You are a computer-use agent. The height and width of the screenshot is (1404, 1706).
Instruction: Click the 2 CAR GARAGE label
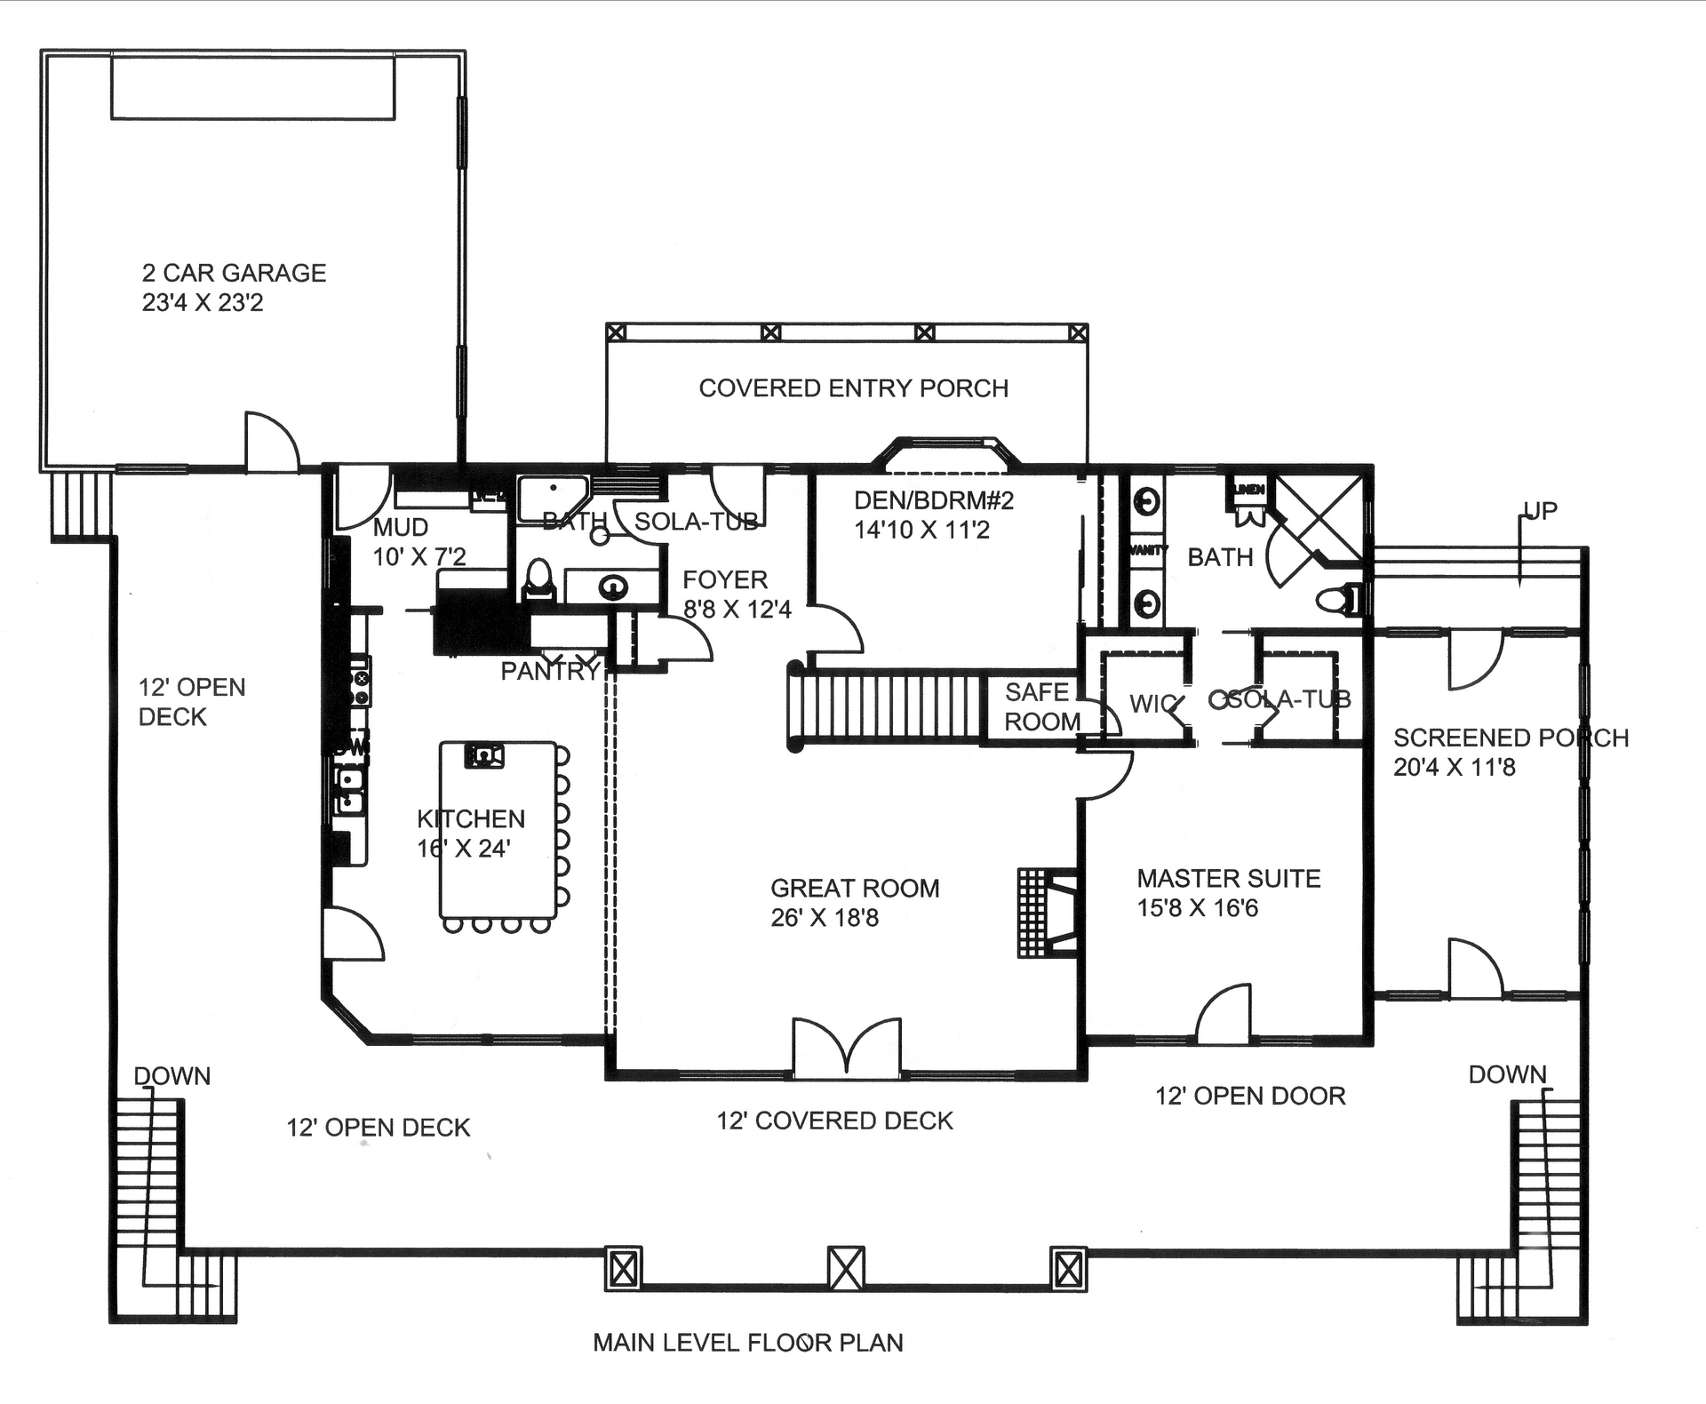point(234,273)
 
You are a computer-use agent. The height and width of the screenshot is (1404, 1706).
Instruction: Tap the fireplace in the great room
point(1048,913)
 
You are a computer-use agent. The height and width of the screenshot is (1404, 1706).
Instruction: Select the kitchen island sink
point(483,755)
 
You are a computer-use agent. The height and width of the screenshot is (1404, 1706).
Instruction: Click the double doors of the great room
point(847,1049)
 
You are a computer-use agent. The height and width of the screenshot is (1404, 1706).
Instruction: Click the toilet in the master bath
point(1339,600)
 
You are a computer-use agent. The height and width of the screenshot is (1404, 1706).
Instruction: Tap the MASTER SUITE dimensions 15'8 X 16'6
point(1197,908)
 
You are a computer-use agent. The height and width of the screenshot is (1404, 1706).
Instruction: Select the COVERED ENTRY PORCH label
point(853,388)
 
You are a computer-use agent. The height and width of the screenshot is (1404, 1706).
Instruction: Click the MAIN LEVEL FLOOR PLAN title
point(747,1342)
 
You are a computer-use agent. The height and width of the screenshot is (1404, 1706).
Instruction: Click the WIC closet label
point(1152,704)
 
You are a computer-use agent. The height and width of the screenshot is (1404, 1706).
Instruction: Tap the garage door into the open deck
point(271,442)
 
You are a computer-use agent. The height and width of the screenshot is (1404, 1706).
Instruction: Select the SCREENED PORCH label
point(1510,738)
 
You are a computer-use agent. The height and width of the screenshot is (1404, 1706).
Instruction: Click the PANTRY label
point(550,672)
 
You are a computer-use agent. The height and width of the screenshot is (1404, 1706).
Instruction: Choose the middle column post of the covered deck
point(846,1268)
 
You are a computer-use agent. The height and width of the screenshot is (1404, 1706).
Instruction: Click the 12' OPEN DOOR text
point(1249,1096)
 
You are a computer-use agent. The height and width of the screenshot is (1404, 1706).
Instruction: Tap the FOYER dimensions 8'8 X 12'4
point(737,610)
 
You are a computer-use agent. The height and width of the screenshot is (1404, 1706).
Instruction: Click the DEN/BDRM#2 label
point(933,500)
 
